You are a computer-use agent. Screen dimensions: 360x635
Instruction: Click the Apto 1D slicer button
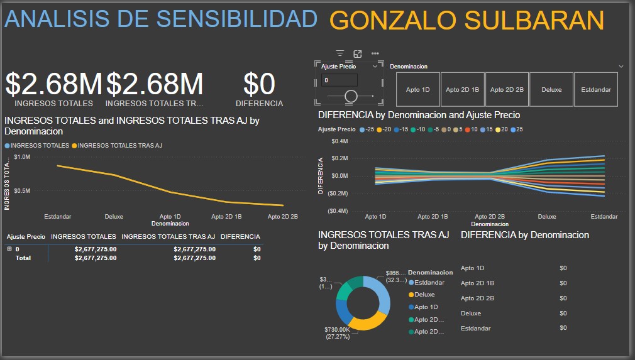[417, 90]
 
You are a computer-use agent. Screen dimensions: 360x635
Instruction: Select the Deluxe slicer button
[551, 90]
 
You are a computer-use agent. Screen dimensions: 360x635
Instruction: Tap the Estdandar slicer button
[595, 90]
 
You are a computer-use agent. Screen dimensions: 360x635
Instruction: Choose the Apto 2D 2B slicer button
[507, 90]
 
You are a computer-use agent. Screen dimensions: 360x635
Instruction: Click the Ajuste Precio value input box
[340, 80]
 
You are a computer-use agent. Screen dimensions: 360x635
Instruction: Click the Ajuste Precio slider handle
[351, 96]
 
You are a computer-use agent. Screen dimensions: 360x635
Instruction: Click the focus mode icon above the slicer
[358, 54]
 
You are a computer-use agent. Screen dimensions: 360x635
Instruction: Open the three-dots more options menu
[375, 54]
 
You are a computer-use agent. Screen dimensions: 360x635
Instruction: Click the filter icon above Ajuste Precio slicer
[340, 54]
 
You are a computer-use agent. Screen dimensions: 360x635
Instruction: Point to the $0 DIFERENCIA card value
[259, 84]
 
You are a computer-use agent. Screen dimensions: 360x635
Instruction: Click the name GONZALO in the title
[392, 21]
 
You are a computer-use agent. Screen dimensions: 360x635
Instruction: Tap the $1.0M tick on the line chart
[21, 156]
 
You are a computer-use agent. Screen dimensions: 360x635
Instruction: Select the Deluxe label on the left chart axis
[114, 217]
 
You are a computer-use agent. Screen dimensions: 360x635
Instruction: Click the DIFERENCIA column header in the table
[240, 237]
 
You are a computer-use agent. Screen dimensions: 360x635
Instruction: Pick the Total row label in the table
[23, 258]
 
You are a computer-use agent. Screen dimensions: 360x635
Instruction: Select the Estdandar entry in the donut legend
[429, 283]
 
